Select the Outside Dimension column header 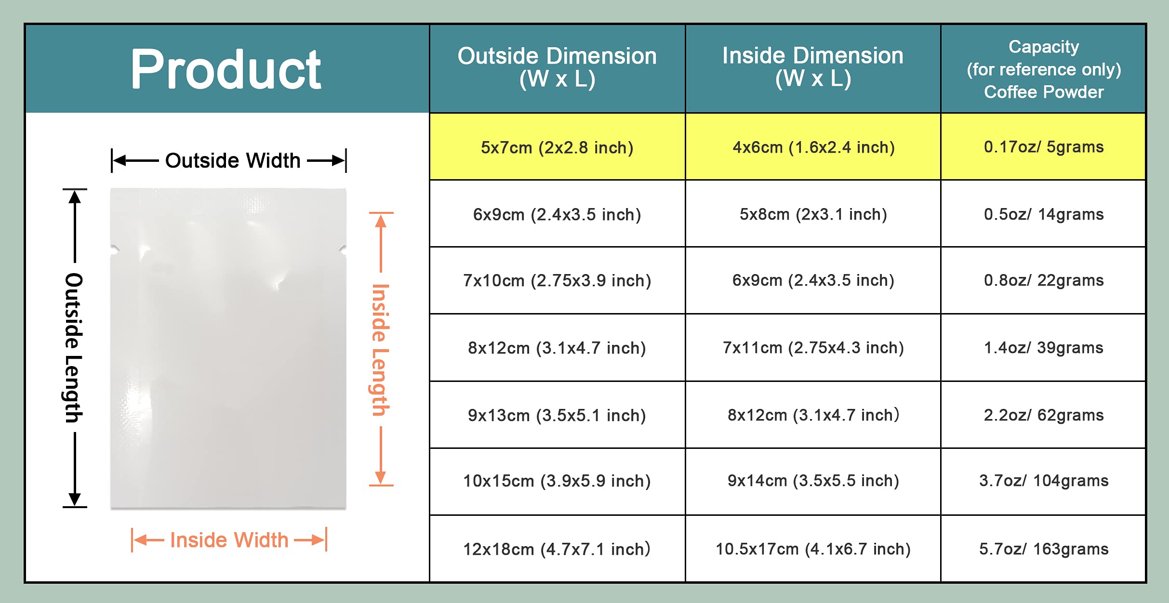[557, 67]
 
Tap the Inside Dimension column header [813, 67]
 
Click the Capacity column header [1044, 69]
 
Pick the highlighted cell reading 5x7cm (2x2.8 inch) [557, 147]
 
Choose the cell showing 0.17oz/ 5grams [1044, 147]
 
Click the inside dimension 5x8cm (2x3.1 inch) [813, 214]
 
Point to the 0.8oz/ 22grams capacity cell [1044, 280]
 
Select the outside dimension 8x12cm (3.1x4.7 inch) [557, 348]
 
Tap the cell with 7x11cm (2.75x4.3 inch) [813, 348]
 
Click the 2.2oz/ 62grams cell [1044, 415]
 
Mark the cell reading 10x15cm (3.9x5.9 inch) [557, 481]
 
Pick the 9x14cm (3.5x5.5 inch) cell [813, 481]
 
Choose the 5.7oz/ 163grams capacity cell [1044, 549]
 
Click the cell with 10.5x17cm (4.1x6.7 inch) [813, 549]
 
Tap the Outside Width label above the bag [233, 160]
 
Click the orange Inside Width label [229, 540]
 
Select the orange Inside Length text [380, 350]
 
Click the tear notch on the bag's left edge [114, 250]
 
